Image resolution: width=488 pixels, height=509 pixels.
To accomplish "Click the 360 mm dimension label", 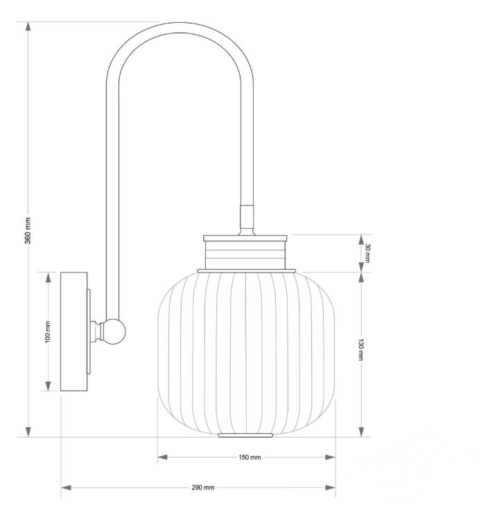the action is (x=28, y=231).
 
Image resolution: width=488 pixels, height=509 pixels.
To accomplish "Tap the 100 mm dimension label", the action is (x=48, y=331).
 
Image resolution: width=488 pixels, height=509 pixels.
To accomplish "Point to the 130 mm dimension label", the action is (x=360, y=350).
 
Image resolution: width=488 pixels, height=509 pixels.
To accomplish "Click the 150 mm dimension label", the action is (x=250, y=458).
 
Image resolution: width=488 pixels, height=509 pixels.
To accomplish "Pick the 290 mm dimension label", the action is (x=203, y=488).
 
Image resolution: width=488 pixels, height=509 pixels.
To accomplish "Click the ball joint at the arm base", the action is (x=115, y=331).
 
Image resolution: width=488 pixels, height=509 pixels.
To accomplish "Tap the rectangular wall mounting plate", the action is (x=73, y=331).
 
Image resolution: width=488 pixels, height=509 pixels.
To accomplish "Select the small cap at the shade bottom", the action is (x=245, y=435).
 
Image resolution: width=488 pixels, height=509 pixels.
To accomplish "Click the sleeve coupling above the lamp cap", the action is (x=247, y=216).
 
